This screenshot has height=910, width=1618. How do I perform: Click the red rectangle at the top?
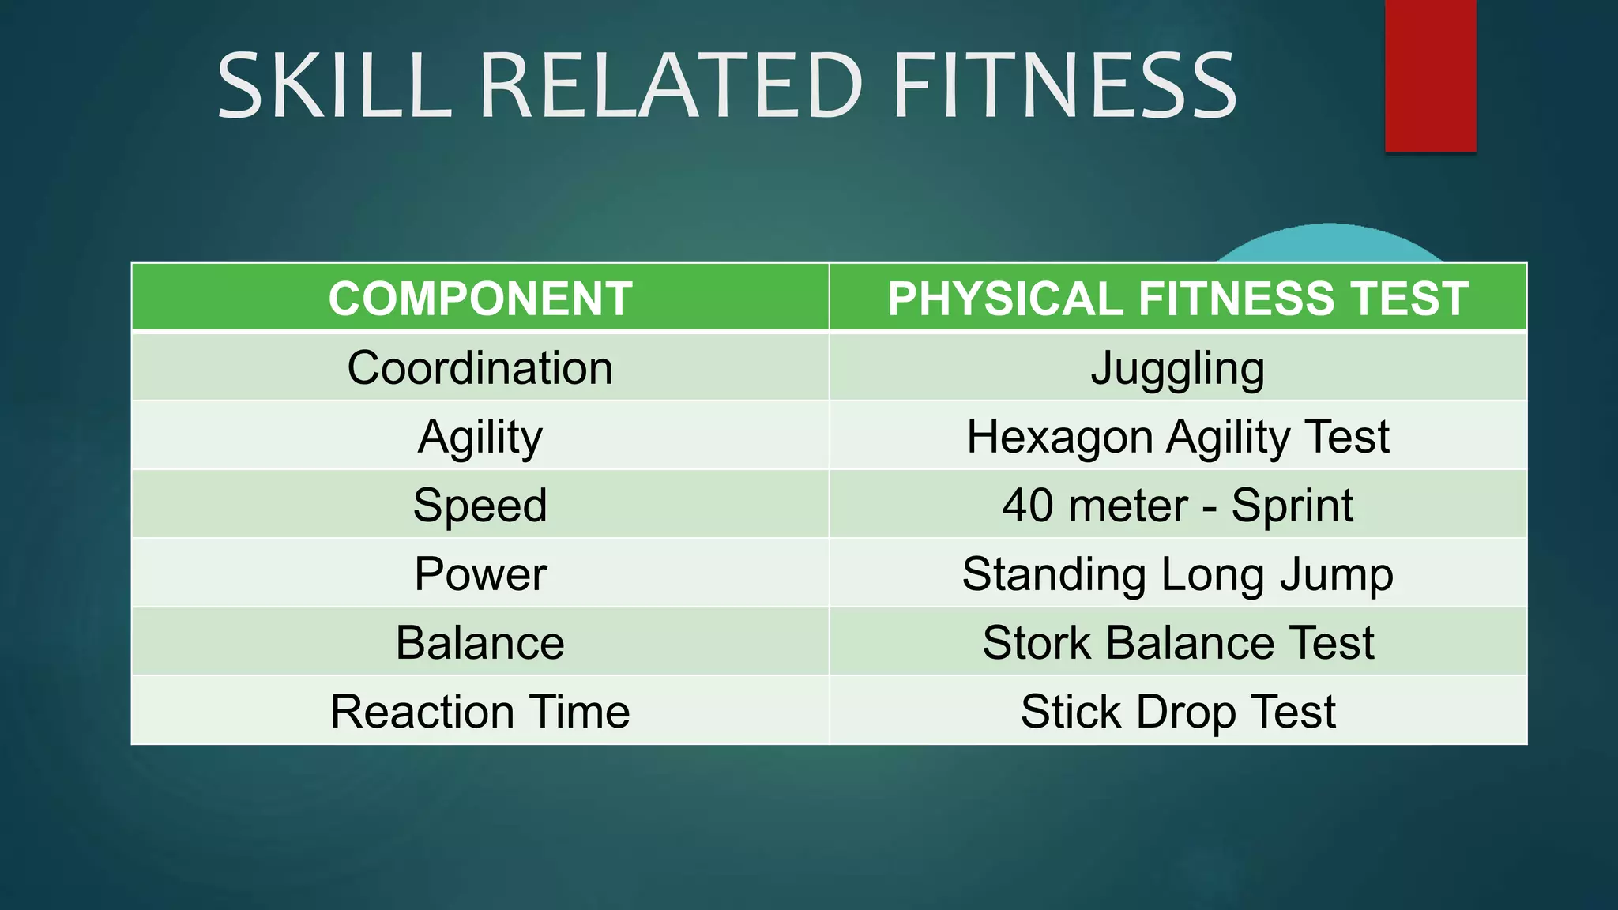(x=1430, y=75)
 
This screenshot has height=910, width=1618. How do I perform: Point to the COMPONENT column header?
(x=480, y=299)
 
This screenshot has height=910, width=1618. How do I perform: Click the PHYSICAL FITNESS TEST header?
(x=1178, y=299)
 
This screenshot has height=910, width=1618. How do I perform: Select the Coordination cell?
(x=480, y=368)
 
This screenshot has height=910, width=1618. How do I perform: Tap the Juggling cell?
(x=1178, y=368)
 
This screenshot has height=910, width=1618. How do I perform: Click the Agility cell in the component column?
(x=480, y=437)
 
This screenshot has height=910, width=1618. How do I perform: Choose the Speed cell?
(x=480, y=506)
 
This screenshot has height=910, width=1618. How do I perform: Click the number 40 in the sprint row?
(x=1027, y=506)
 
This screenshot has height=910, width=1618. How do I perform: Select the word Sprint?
(x=1293, y=506)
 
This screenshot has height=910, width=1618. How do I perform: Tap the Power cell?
(x=480, y=574)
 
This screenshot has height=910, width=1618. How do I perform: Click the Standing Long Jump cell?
(x=1178, y=574)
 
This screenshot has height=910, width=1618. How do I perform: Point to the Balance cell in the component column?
(x=480, y=643)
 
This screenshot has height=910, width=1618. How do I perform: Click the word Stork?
(x=1037, y=643)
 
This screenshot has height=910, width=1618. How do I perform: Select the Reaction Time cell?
(x=480, y=712)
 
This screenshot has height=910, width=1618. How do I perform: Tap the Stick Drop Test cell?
(x=1178, y=712)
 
